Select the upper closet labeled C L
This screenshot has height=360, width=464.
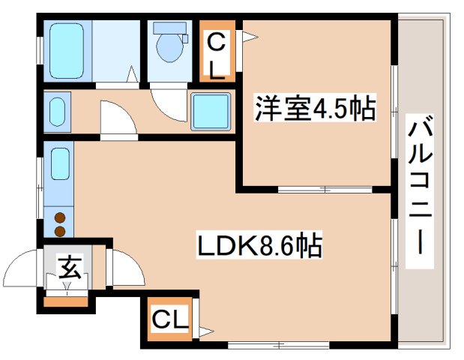[216, 53]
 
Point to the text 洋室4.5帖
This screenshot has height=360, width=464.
[315, 110]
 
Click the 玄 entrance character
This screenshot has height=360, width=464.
[70, 268]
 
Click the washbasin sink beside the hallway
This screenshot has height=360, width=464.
[58, 112]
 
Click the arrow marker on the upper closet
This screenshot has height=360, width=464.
[247, 34]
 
